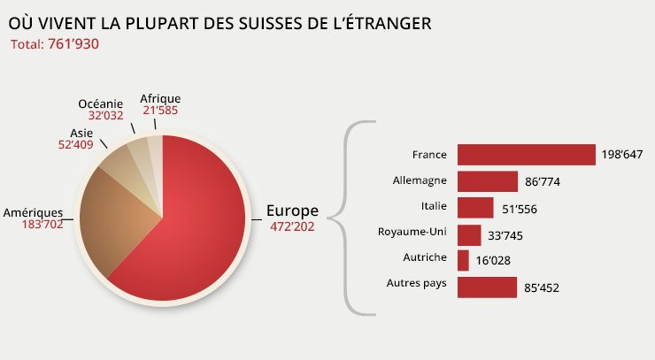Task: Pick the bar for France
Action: (526, 155)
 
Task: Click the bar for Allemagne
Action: (487, 181)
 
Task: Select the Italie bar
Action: (475, 208)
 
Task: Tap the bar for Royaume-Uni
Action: (469, 234)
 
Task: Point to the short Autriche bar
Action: (463, 260)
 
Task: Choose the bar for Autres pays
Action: (487, 287)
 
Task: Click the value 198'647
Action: (621, 156)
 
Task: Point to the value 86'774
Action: (543, 182)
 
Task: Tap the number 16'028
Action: (493, 261)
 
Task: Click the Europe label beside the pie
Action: (292, 211)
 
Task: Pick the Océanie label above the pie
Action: (100, 104)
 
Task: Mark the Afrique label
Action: (160, 98)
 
